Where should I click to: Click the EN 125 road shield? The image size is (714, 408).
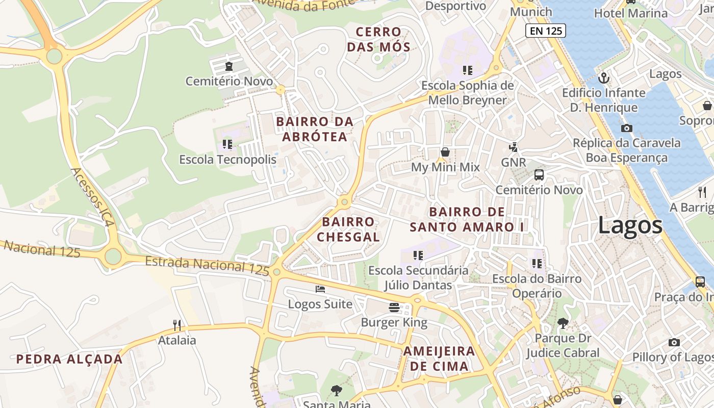545,31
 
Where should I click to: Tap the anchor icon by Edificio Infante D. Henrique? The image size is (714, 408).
604,78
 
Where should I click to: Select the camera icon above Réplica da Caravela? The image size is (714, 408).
626,128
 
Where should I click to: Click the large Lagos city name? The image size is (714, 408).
630,225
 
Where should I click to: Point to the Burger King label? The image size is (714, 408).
394,322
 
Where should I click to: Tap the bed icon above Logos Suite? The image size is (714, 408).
320,289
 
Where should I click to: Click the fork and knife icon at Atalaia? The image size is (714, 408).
177,325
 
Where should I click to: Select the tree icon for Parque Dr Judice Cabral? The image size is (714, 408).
563,323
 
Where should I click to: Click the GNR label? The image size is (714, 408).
513,162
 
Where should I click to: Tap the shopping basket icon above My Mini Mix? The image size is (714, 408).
445,152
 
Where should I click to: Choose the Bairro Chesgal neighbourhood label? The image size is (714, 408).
348,229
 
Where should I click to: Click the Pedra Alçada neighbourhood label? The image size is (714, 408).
69,359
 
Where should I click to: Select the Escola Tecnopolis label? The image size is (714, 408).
227,160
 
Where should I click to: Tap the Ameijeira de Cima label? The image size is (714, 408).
439,359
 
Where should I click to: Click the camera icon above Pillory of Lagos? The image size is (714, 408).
674,342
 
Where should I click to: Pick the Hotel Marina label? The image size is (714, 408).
630,13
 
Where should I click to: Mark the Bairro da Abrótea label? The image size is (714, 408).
315,129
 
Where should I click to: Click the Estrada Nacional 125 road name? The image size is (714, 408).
207,266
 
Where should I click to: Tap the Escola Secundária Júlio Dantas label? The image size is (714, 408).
418,277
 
